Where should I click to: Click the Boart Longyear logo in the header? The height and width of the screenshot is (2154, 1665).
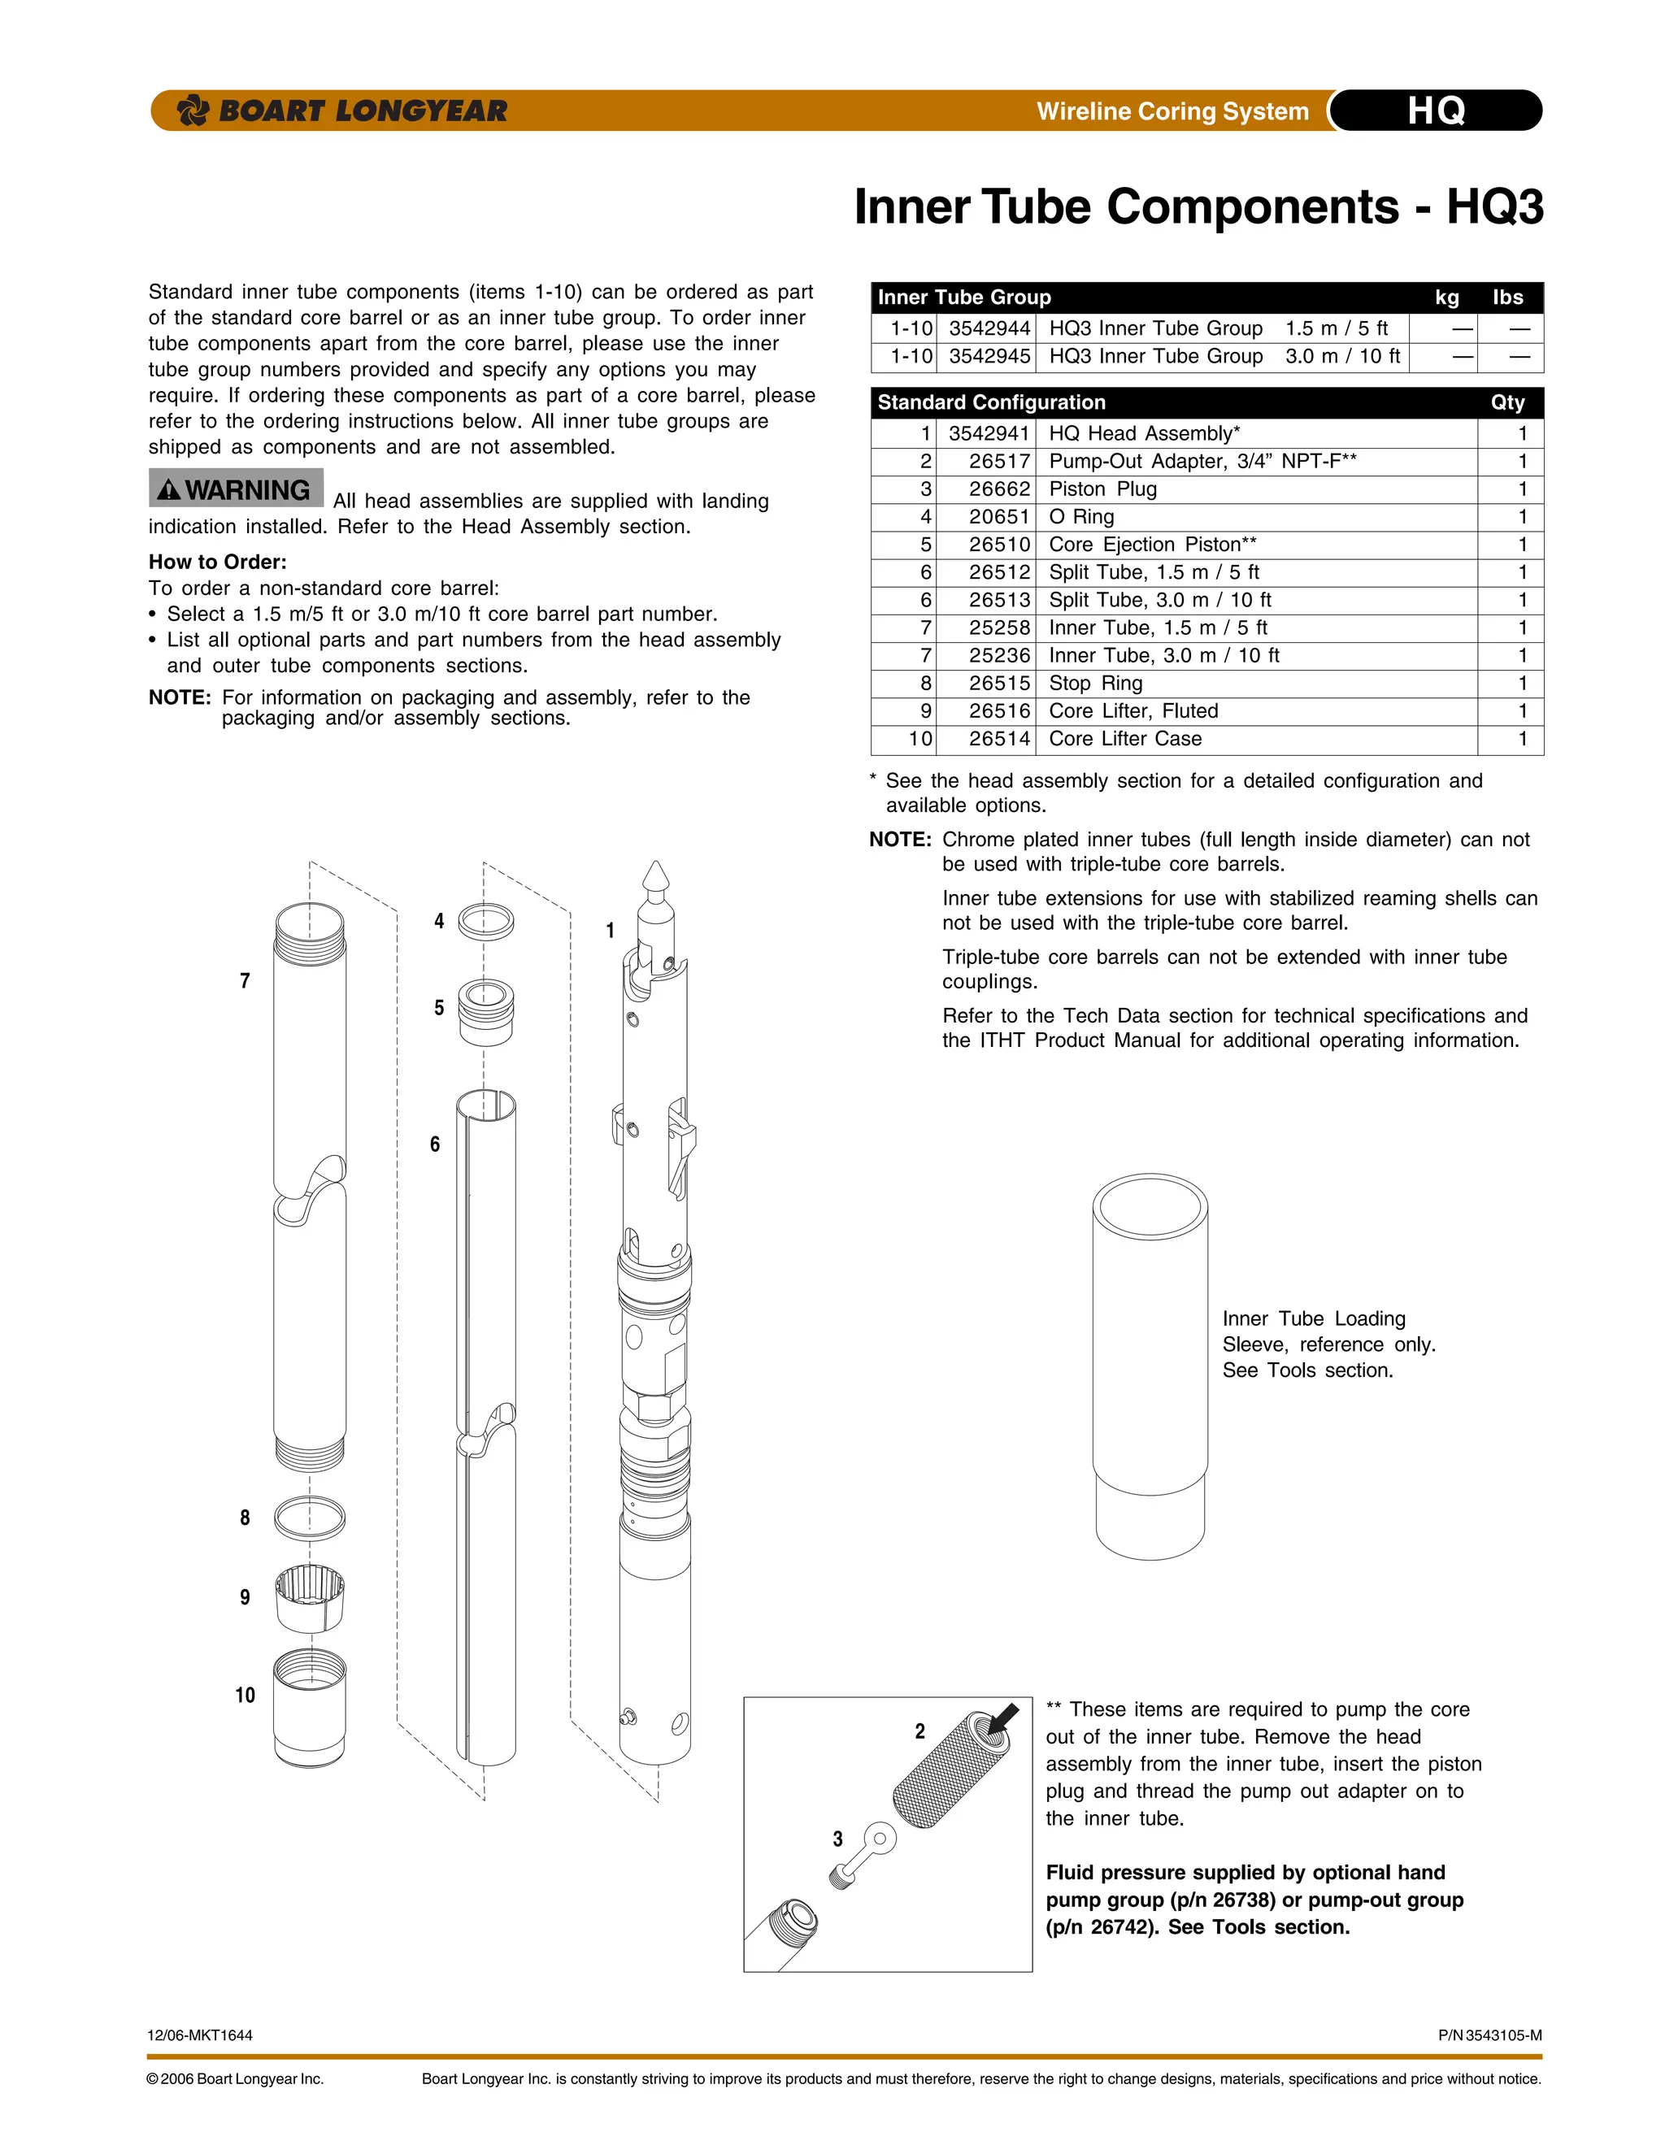pos(341,111)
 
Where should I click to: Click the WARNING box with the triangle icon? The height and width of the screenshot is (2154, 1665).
pos(236,489)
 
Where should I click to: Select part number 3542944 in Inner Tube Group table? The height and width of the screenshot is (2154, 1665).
pos(989,328)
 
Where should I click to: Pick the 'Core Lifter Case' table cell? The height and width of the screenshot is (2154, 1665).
pos(1124,739)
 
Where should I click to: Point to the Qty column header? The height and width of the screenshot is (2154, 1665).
pos(1506,402)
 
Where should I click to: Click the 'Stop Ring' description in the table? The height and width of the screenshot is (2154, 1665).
pos(1095,684)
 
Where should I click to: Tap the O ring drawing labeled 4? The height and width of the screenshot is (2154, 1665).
pos(485,923)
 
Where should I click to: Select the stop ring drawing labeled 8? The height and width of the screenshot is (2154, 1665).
pos(310,1518)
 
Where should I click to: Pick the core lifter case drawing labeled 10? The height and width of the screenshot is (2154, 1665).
pos(310,1706)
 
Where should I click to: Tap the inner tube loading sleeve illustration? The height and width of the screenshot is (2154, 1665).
pos(1150,1366)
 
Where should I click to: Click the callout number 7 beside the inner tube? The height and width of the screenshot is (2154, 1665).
pos(245,980)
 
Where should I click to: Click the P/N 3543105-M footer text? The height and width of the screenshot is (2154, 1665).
pos(1489,2035)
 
